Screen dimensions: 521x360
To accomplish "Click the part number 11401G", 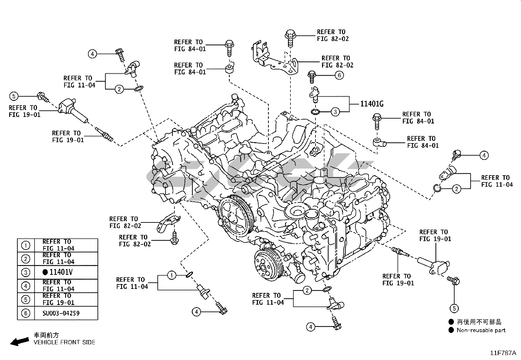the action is (372, 104).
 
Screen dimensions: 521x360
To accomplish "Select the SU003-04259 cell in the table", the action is (61, 313).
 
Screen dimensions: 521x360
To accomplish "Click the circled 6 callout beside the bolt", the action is (339, 75).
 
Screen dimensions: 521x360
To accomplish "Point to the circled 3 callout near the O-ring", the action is (335, 112).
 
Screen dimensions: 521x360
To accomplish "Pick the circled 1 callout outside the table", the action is (172, 275).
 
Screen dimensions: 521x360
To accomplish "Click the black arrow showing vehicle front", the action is (20, 341).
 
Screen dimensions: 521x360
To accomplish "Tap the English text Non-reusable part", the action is (481, 330).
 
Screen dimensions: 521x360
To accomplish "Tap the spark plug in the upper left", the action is (104, 134).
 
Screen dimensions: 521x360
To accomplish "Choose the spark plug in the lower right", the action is (400, 252).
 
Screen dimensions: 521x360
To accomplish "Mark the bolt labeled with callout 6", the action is (312, 77).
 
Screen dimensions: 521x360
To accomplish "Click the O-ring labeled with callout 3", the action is (315, 112).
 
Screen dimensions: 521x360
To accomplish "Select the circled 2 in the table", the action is (26, 259).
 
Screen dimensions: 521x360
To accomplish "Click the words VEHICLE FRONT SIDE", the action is (64, 342).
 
